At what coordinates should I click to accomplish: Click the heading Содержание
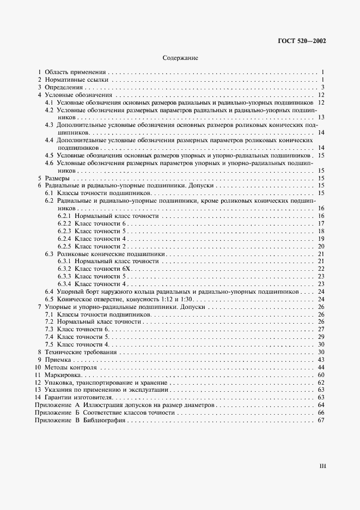(180, 57)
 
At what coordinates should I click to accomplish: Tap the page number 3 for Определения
(323, 87)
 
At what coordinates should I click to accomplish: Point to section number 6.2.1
(64, 216)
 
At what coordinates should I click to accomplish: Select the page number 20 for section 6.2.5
(321, 246)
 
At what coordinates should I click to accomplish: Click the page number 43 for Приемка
(321, 360)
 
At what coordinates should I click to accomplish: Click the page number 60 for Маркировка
(321, 375)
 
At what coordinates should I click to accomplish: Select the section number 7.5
(48, 345)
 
